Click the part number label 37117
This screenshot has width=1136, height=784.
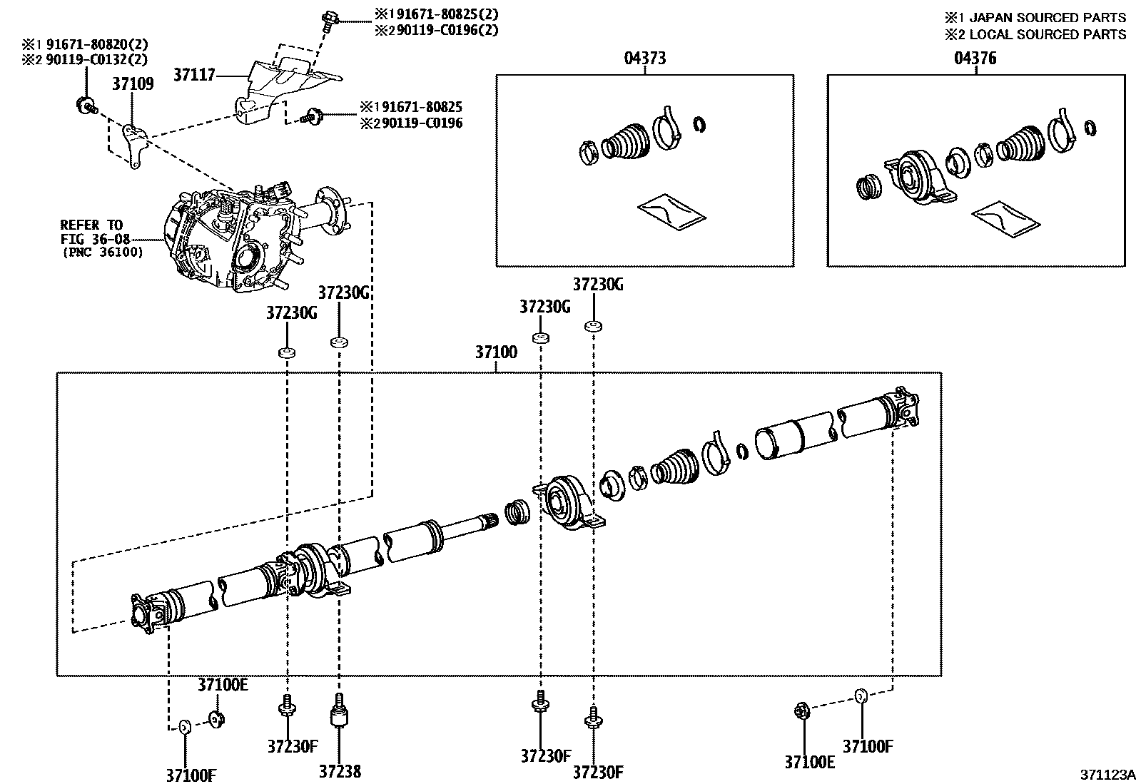tap(193, 74)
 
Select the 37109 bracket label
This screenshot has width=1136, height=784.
tap(132, 84)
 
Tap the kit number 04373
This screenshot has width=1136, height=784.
tap(645, 58)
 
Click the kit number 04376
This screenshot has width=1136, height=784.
tap(975, 58)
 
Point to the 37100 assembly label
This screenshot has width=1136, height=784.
tap(496, 352)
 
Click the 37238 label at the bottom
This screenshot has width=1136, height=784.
tap(340, 771)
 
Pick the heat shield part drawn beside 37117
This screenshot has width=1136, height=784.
tap(282, 86)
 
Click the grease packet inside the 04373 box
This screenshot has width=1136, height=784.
tap(671, 213)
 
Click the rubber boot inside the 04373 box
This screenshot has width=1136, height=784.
tap(627, 141)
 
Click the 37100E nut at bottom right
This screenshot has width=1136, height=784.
tap(801, 711)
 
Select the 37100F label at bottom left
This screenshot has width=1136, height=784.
tap(192, 775)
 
